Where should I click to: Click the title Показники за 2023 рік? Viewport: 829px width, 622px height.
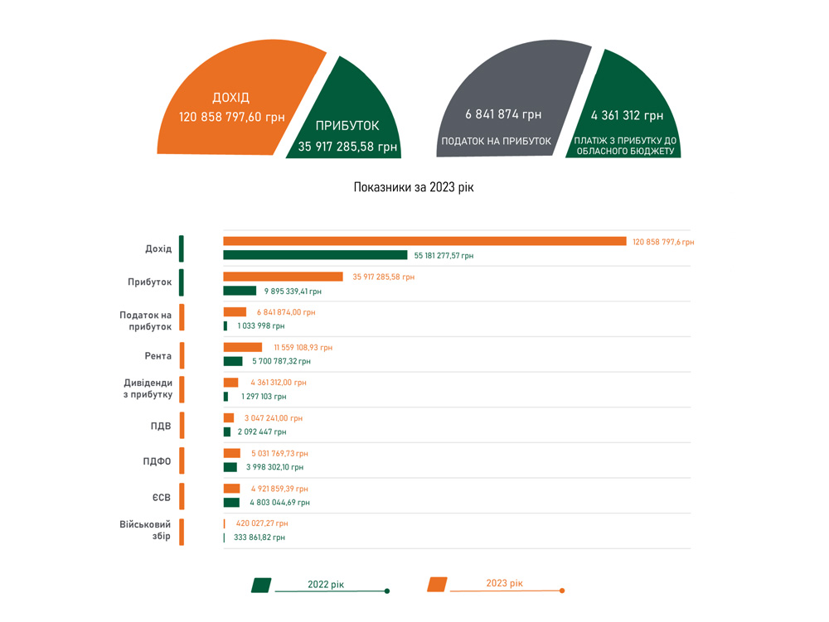click(x=414, y=188)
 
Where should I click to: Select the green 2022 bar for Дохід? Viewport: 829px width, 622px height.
click(x=315, y=255)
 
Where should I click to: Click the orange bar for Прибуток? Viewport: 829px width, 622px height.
click(x=283, y=277)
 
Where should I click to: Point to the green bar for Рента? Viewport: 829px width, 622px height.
click(x=233, y=361)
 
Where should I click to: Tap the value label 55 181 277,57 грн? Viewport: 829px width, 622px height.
click(x=444, y=256)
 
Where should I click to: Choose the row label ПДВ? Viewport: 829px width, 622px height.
click(x=161, y=426)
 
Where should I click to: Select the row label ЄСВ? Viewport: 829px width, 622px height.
click(x=162, y=497)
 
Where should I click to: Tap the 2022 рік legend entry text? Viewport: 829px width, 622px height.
click(x=326, y=585)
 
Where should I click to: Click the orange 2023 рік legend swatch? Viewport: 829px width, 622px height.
click(x=437, y=585)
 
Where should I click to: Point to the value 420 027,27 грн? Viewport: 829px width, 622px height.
click(x=262, y=523)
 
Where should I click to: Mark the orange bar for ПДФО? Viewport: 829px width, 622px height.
click(x=231, y=453)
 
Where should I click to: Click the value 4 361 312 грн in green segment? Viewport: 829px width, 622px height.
click(x=627, y=116)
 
